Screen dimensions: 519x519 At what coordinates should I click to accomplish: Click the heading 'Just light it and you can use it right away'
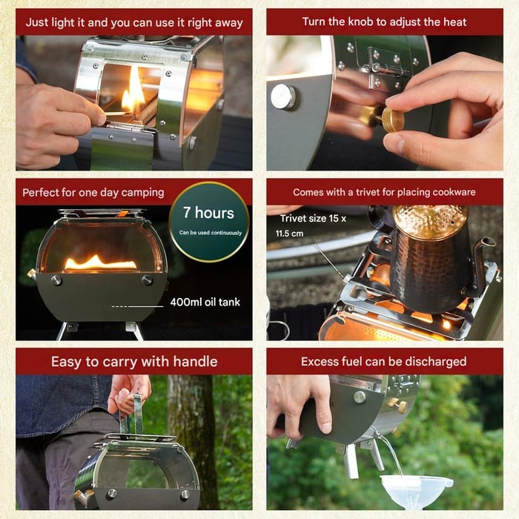tap(134, 22)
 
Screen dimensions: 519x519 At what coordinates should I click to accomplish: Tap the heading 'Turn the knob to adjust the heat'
tap(384, 22)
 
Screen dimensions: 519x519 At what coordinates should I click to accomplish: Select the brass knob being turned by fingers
tap(391, 119)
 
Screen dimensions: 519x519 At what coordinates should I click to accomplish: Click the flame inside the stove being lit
tap(133, 93)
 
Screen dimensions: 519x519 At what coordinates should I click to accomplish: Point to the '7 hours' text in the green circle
tap(208, 213)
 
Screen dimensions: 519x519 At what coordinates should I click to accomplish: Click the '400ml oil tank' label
tap(205, 302)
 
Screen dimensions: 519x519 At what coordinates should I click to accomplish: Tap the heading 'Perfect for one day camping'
tap(93, 192)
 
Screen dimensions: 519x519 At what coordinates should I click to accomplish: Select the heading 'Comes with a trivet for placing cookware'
tap(384, 192)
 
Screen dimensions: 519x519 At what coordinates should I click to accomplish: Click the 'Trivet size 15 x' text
tap(313, 219)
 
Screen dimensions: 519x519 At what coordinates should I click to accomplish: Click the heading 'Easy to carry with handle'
tap(134, 362)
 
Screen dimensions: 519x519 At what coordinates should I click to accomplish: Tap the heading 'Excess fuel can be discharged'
tap(384, 362)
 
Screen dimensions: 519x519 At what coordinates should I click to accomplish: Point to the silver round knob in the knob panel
tap(282, 97)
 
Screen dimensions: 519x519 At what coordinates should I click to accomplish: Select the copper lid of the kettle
tap(430, 221)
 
